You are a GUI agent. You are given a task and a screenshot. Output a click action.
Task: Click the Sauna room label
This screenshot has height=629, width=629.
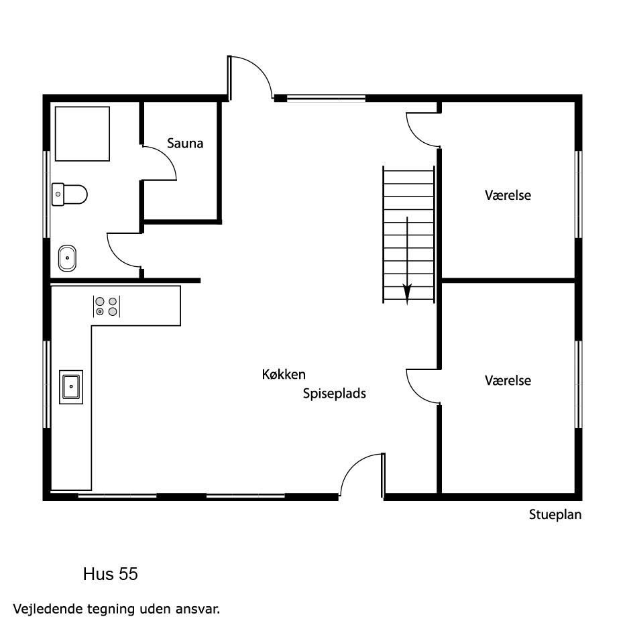click(x=185, y=144)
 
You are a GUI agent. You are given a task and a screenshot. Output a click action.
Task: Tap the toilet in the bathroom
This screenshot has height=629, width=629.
click(x=69, y=194)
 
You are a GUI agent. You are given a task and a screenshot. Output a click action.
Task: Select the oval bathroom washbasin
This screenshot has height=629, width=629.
click(x=67, y=258)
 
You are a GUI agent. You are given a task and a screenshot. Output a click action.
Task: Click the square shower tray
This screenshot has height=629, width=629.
click(x=82, y=133)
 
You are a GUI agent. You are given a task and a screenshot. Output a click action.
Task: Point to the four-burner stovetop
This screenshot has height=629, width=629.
click(x=107, y=306)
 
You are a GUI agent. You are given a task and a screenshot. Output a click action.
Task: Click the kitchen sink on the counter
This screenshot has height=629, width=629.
click(x=71, y=387)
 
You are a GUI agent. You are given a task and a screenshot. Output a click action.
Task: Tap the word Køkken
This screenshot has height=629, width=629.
click(x=284, y=374)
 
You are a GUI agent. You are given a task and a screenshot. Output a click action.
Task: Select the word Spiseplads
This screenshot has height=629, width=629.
click(x=334, y=394)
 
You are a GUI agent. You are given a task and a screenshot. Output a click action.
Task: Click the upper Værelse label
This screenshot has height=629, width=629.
click(x=508, y=195)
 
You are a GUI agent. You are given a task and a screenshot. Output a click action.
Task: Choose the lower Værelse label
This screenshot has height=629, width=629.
click(x=508, y=380)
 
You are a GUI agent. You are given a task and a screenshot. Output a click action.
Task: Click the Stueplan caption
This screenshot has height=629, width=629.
click(x=555, y=515)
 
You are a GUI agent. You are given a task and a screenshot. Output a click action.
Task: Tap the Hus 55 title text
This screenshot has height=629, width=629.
click(x=111, y=574)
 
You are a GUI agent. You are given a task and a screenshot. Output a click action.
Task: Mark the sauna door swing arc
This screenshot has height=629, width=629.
click(x=168, y=154)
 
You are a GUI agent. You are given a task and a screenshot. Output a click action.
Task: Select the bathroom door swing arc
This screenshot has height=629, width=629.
click(x=114, y=258)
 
